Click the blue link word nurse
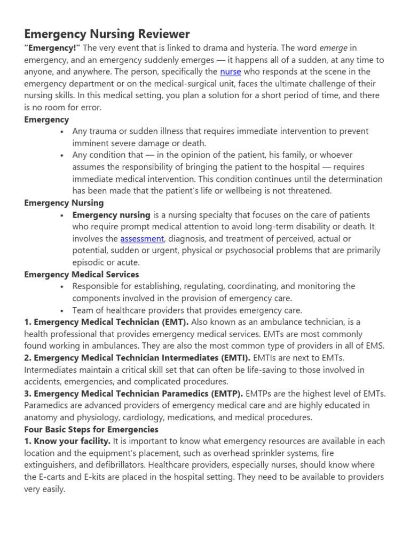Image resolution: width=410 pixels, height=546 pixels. [x=231, y=71]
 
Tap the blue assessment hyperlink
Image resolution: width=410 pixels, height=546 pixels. [x=142, y=238]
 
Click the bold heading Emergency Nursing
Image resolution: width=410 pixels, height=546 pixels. [x=64, y=203]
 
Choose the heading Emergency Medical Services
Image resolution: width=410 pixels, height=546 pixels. [x=82, y=274]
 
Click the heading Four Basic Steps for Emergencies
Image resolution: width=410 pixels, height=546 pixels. [x=91, y=429]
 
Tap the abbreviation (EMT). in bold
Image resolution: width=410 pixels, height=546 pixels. [x=171, y=322]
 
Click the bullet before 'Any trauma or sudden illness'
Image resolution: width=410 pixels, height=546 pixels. [x=63, y=131]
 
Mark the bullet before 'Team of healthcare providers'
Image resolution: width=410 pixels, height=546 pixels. [x=63, y=310]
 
